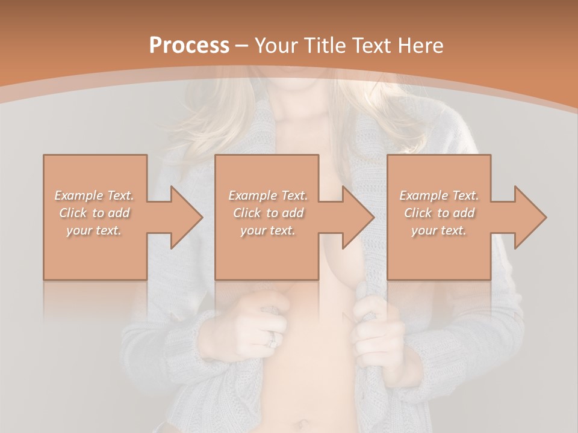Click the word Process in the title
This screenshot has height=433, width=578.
coord(189,46)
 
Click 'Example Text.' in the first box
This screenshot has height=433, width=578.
coord(95,195)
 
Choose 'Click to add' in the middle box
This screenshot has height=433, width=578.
coord(268,213)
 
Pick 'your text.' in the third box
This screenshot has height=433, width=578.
coord(439,230)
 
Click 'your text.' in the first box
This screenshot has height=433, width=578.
coord(95,230)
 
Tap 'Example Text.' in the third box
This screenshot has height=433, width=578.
coord(439,195)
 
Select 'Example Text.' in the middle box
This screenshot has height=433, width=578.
coord(268,195)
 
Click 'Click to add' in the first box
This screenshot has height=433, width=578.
coord(95,213)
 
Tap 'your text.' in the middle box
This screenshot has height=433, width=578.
coord(268,230)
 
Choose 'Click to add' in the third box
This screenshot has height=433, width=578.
coord(439,213)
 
